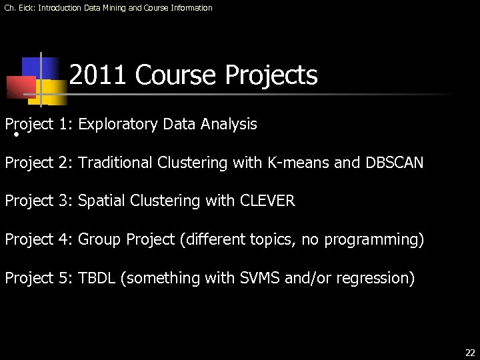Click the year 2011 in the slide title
(98, 75)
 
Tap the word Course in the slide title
(177, 75)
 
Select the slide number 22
(470, 353)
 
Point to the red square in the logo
(20, 87)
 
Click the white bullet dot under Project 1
(15, 135)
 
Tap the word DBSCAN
(394, 163)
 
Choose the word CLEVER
(267, 201)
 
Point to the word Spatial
(101, 201)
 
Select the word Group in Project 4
(98, 239)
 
